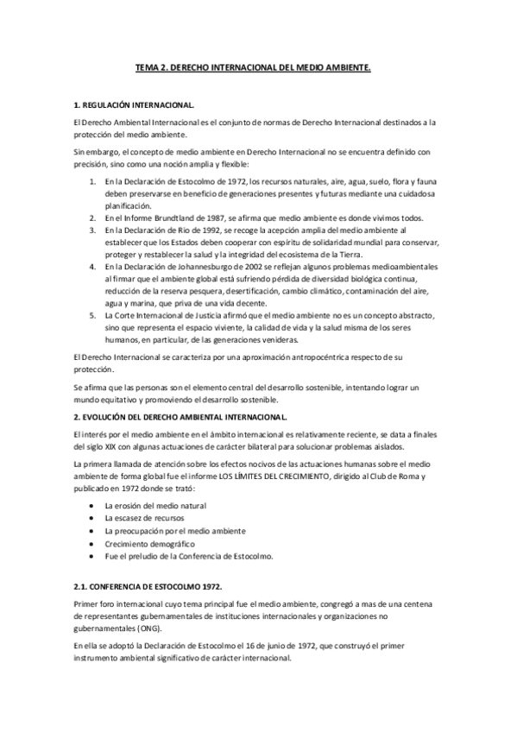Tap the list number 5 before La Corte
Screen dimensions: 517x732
click(x=92, y=317)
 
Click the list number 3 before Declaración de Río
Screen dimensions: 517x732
click(x=92, y=232)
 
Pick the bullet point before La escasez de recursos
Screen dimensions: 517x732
click(x=93, y=518)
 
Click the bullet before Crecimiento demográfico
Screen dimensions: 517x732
click(x=93, y=544)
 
